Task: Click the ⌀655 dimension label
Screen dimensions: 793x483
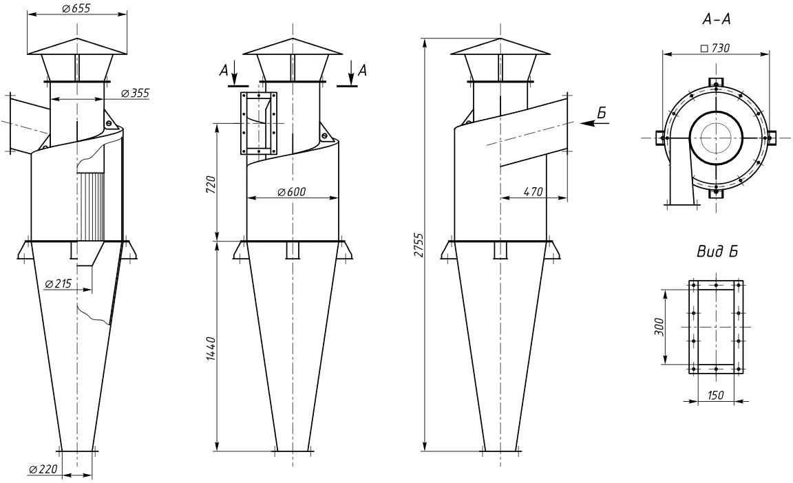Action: [76, 8]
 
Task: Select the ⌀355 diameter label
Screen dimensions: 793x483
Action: [136, 93]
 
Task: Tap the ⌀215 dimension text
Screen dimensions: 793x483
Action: [58, 284]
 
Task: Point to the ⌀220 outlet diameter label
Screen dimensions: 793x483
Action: [43, 469]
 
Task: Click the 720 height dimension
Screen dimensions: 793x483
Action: [211, 184]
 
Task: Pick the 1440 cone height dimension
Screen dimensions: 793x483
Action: [211, 348]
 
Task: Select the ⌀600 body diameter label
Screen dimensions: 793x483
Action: [292, 191]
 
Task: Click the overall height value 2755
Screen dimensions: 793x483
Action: [419, 244]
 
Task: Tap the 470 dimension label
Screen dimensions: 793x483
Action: [533, 191]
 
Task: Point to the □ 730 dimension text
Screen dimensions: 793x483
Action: [715, 48]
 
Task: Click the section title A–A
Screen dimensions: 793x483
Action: [717, 20]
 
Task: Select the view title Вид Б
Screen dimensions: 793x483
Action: [717, 252]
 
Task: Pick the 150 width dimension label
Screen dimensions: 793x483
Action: [715, 395]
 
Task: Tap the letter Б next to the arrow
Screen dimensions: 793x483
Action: [601, 113]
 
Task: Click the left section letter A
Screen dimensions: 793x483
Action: [223, 71]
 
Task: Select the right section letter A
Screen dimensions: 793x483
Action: [362, 71]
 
